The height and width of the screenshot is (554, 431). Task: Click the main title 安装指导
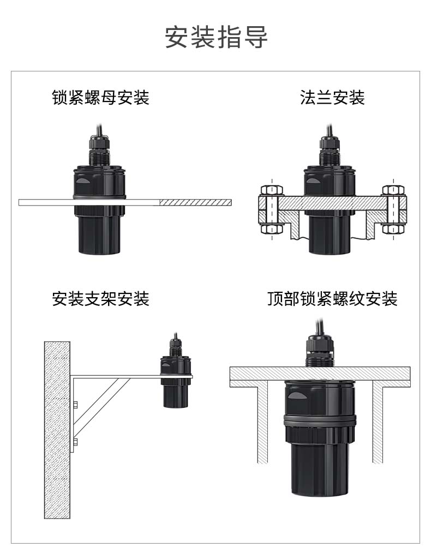216,37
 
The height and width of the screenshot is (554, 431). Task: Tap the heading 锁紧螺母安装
101,98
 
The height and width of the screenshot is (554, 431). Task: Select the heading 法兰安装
332,98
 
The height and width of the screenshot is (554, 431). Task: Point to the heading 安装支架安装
101,299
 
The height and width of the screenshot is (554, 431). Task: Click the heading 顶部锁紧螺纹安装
332,299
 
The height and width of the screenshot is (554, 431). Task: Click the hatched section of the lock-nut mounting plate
195,202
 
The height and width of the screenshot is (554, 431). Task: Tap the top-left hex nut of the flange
272,190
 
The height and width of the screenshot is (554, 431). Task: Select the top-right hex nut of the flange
393,190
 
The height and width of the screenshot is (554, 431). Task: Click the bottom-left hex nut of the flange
272,228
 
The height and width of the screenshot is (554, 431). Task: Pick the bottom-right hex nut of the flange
393,228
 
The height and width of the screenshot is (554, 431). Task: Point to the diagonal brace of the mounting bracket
101,407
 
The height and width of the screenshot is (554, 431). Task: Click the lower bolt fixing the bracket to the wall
75,441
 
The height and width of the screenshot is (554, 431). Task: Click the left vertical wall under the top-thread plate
262,425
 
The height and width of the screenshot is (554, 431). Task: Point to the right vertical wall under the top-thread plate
378,425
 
